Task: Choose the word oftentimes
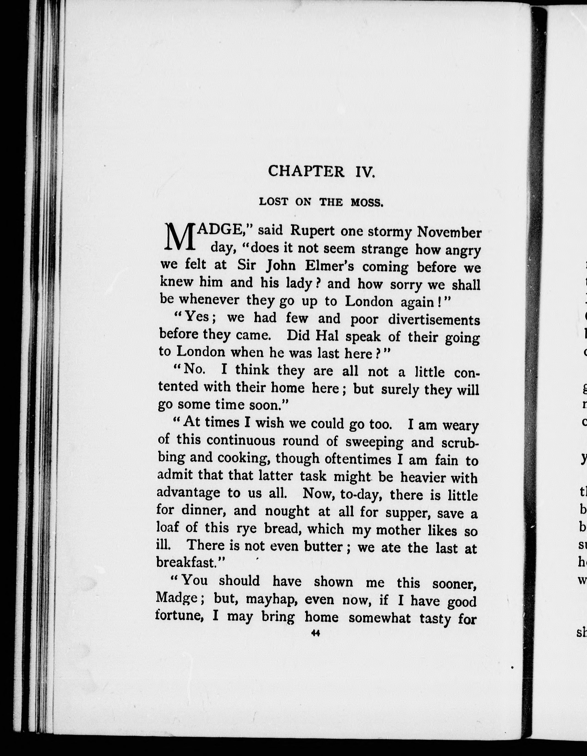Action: (x=361, y=459)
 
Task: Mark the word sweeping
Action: (x=374, y=442)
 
